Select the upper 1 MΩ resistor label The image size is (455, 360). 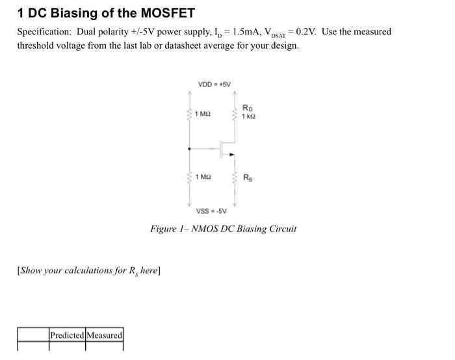(x=203, y=114)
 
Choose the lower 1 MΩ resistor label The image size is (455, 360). (x=203, y=176)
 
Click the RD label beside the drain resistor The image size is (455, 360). (x=247, y=108)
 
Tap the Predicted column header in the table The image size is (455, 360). (x=67, y=335)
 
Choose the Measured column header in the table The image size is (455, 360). (x=104, y=335)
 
